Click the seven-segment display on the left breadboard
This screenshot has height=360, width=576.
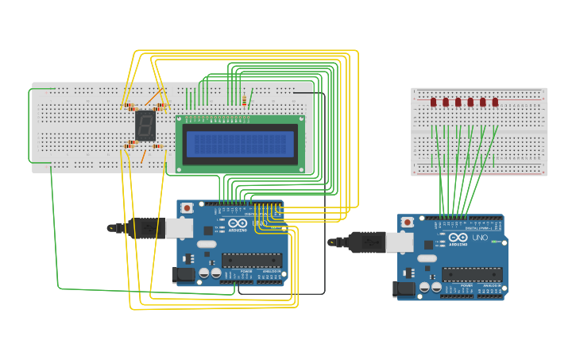coord(145,125)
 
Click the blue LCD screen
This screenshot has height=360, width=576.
coord(240,144)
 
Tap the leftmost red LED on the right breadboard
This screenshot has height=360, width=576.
coord(434,102)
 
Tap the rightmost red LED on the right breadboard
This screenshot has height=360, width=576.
coord(495,102)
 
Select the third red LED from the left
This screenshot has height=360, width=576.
coord(458,102)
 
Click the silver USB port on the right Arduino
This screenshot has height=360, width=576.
coord(400,242)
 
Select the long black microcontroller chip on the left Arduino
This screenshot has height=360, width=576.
coord(252,260)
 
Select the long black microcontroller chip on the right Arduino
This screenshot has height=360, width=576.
coord(472,274)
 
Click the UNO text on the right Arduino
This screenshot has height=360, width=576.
coord(480,238)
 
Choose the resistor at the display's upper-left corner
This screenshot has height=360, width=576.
coord(129,106)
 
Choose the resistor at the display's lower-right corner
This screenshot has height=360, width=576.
coord(158,146)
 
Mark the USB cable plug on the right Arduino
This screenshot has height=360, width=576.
coord(365,241)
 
